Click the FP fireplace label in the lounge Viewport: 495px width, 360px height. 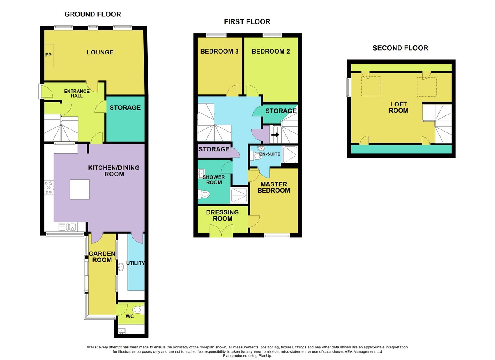click(48, 55)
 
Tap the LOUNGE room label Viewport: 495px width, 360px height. click(100, 52)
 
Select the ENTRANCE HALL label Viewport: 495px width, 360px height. click(77, 94)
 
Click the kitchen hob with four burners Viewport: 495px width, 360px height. click(49, 188)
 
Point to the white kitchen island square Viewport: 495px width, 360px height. click(80, 190)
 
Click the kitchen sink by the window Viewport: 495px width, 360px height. click(71, 227)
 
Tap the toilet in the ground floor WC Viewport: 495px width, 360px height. click(138, 310)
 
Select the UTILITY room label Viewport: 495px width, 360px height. click(135, 263)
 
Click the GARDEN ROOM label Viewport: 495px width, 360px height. click(102, 256)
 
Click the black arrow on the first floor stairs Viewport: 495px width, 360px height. click(276, 134)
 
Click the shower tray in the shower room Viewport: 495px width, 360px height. click(239, 195)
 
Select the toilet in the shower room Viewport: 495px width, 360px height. click(203, 194)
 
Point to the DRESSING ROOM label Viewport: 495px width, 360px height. click(222, 215)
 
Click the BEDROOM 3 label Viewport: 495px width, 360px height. click(219, 52)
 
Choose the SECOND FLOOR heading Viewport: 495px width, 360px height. click(400, 48)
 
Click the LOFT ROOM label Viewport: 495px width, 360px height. click(398, 107)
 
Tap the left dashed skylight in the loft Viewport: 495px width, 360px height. click(371, 86)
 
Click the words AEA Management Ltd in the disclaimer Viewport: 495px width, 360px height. click(363, 351)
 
